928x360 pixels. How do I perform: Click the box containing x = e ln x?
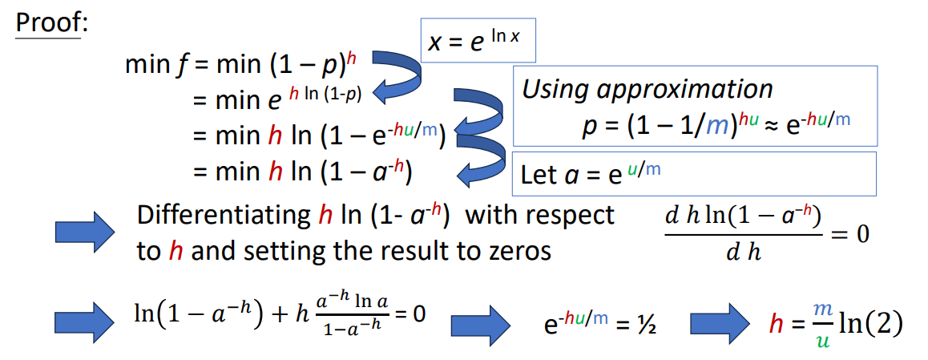(478, 40)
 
